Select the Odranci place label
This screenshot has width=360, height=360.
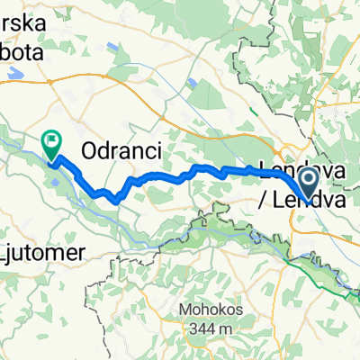click(121, 151)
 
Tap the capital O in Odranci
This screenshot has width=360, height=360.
click(88, 151)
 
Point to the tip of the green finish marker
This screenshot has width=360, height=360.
click(51, 161)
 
